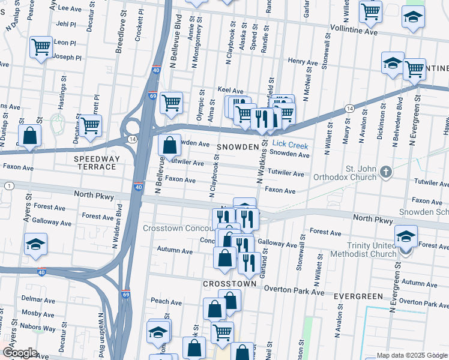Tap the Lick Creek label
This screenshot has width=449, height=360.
pyautogui.click(x=290, y=145)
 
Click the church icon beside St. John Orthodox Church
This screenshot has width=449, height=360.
pyautogui.click(x=385, y=173)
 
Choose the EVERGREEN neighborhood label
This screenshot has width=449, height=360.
pyautogui.click(x=358, y=296)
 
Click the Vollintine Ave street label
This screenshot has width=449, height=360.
pyautogui.click(x=354, y=29)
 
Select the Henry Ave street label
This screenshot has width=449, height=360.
pyautogui.click(x=303, y=62)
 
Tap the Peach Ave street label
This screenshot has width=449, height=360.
pyautogui.click(x=166, y=301)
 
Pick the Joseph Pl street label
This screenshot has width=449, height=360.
pyautogui.click(x=68, y=58)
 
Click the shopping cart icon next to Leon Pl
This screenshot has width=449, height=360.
pyautogui.click(x=41, y=47)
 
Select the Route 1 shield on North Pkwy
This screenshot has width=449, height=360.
pyautogui.click(x=9, y=186)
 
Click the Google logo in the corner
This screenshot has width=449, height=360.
pyautogui.click(x=20, y=352)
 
